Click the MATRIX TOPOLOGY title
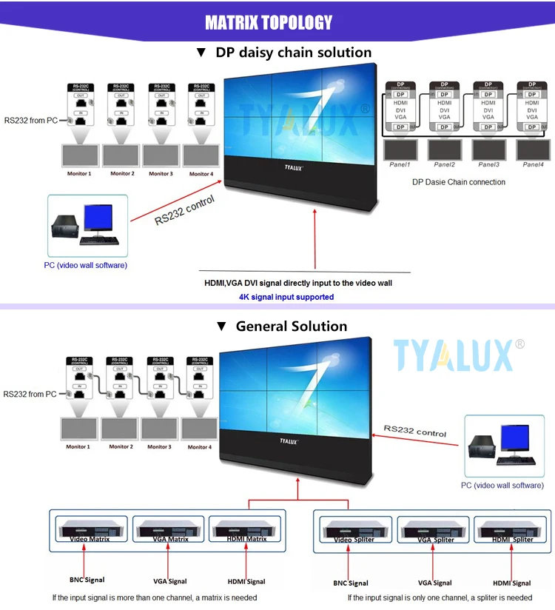(x=269, y=23)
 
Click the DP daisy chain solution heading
(x=284, y=53)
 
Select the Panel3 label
(x=488, y=165)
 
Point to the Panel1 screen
(x=401, y=149)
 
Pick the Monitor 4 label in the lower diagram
(x=198, y=447)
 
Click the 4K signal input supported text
(x=286, y=297)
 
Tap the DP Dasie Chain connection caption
(x=459, y=182)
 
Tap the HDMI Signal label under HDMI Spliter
(x=512, y=583)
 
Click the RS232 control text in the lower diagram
(x=414, y=431)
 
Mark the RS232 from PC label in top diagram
(x=30, y=120)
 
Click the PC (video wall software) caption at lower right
(x=502, y=486)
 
